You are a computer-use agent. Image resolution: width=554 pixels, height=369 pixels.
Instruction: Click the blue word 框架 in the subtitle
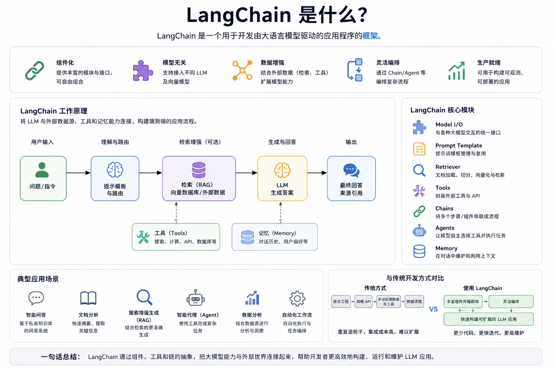(370, 36)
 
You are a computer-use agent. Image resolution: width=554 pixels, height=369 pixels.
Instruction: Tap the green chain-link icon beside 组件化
(35, 71)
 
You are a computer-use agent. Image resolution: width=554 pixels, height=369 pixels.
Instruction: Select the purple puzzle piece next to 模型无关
(143, 71)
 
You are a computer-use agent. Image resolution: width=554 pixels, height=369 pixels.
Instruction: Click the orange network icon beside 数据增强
(242, 70)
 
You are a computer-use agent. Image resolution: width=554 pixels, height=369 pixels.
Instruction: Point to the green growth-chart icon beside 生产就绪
(457, 71)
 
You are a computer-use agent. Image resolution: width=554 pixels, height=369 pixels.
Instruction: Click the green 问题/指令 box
(43, 178)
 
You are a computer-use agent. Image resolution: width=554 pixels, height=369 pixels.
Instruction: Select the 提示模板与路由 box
(115, 178)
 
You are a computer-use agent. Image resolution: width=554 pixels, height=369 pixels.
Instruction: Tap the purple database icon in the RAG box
(199, 170)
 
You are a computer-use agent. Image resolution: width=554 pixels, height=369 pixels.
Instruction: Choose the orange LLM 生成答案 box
(282, 178)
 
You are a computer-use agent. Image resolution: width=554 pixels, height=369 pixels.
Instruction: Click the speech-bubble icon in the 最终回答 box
(351, 170)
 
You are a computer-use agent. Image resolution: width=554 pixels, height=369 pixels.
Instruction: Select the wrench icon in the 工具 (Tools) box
(143, 237)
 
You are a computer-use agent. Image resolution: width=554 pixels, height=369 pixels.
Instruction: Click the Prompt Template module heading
(459, 146)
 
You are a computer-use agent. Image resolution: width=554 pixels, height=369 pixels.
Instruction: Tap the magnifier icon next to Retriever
(419, 170)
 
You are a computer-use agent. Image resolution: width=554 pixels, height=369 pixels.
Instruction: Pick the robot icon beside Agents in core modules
(419, 231)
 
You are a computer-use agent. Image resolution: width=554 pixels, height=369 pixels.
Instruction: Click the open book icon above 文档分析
(88, 298)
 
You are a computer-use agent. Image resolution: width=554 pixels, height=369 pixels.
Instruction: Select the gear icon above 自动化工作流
(297, 299)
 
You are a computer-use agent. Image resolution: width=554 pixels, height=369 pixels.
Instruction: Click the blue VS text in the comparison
(433, 309)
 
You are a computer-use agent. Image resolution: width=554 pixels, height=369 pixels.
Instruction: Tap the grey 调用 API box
(363, 302)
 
